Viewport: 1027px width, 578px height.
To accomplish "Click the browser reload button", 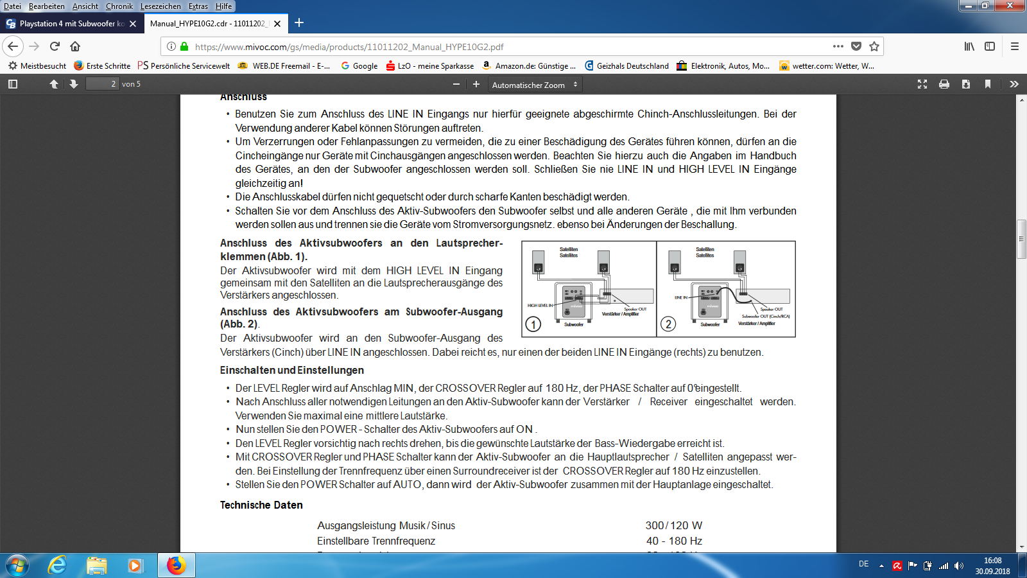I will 55,46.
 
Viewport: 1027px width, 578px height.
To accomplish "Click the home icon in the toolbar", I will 75,46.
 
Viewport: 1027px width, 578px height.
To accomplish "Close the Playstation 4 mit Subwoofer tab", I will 133,24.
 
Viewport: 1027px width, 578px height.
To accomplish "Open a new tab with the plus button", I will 299,23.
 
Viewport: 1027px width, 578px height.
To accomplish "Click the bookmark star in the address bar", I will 874,46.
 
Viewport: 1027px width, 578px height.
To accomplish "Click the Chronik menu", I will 119,6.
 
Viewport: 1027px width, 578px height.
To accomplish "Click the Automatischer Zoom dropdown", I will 535,85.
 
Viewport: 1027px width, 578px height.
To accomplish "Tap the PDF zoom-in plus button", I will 476,84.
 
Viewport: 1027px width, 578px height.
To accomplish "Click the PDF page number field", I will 103,84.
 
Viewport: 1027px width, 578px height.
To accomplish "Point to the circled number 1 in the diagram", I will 533,324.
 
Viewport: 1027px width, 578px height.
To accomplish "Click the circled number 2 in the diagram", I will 668,324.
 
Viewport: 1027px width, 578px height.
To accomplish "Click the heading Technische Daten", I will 261,505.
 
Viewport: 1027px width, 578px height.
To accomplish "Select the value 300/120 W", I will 673,525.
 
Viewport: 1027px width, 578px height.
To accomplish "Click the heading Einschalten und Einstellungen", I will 291,370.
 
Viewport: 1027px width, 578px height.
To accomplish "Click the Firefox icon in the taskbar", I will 176,565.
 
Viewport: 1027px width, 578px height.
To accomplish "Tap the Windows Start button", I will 17,565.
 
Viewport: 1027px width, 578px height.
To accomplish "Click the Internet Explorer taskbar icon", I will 58,565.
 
